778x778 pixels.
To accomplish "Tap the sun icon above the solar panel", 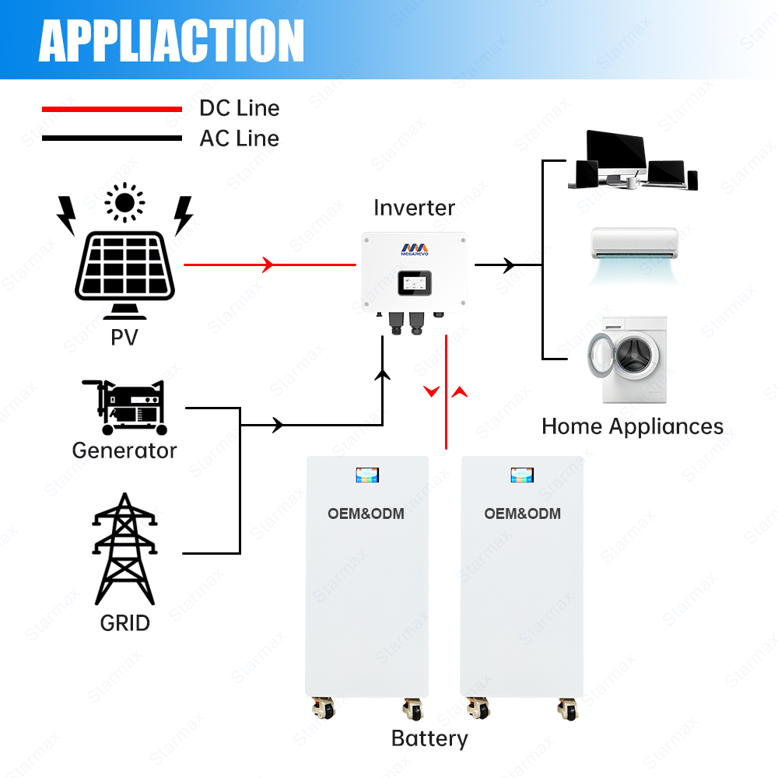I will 124,202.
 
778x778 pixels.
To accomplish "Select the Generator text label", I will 124,450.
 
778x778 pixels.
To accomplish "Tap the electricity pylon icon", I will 124,548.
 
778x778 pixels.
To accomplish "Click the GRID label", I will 124,622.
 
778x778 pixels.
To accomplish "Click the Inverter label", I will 414,208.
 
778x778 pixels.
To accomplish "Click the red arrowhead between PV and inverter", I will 268,265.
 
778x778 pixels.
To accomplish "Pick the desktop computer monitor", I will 615,152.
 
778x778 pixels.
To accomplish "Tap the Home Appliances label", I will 633,426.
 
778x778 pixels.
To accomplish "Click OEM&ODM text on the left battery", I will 366,513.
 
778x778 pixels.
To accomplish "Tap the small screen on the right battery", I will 522,475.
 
